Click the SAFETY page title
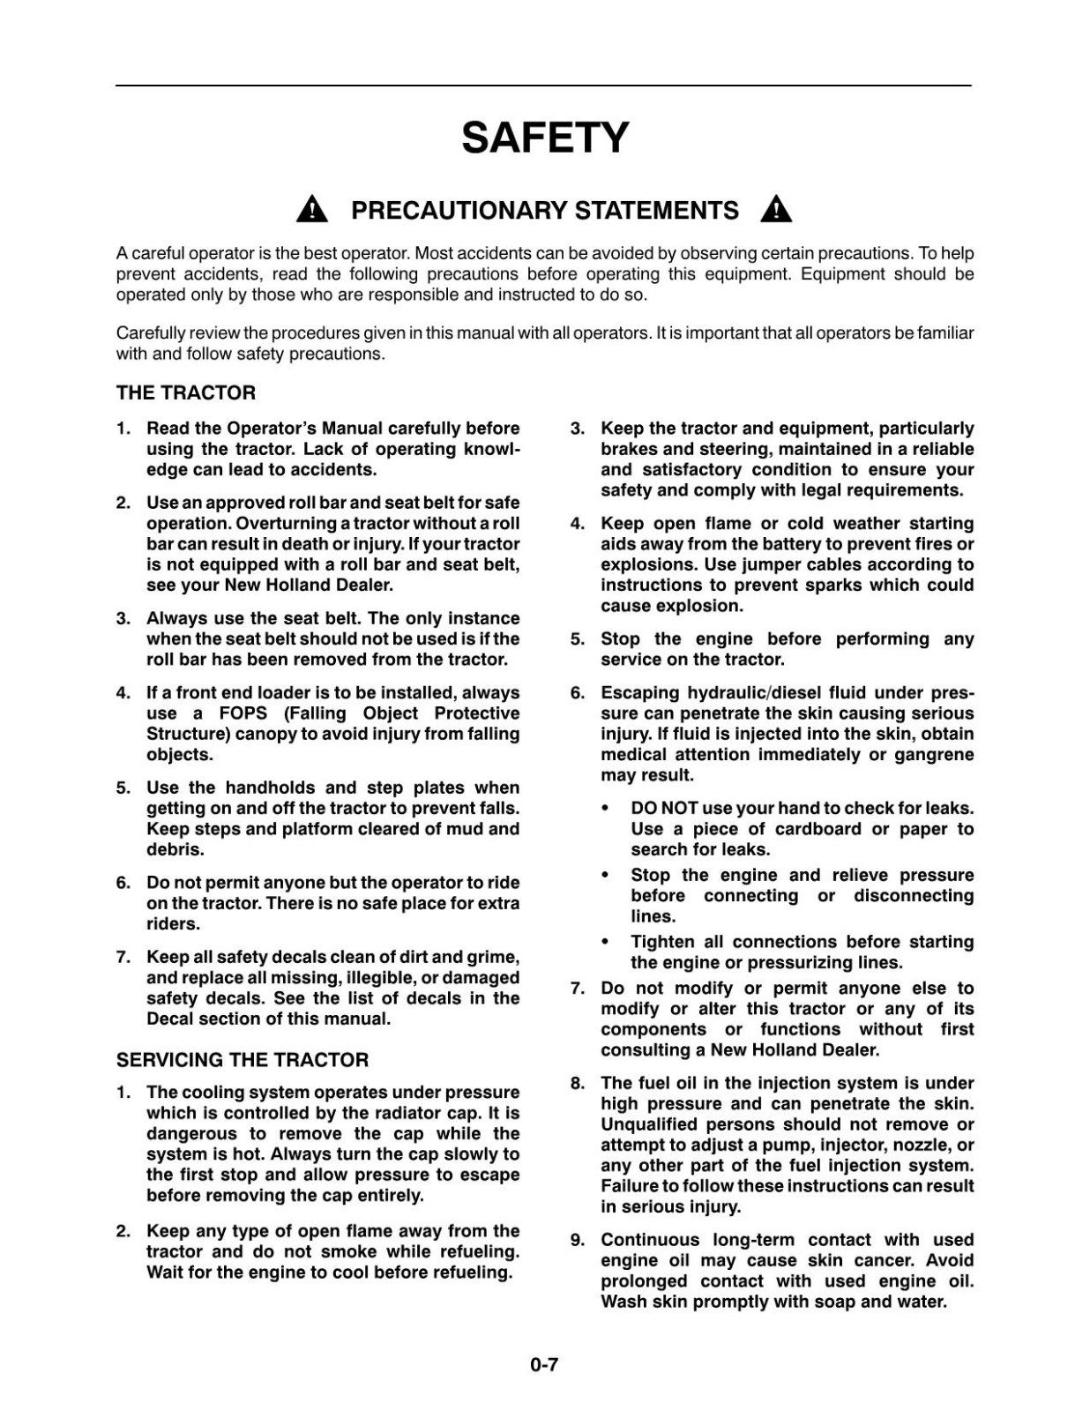pos(545,138)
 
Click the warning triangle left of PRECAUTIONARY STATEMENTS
pos(312,210)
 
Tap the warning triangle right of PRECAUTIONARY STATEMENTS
pos(776,210)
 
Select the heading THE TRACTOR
pos(186,393)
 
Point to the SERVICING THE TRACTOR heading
pos(243,1060)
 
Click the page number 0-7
pos(544,1365)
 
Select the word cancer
pos(888,1261)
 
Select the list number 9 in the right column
pos(577,1240)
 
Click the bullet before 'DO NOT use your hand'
pos(605,809)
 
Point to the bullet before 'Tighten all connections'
pos(605,943)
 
